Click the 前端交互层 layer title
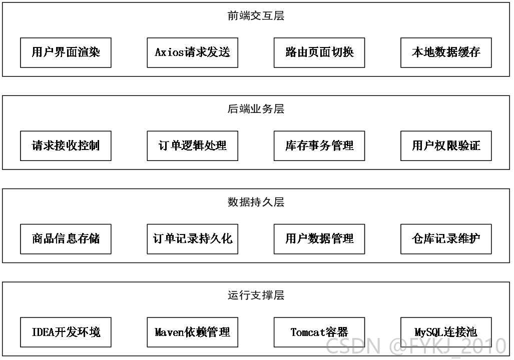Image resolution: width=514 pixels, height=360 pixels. [x=256, y=15]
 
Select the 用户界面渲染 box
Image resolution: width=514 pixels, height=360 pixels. [x=66, y=52]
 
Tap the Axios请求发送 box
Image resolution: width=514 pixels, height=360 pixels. [x=192, y=52]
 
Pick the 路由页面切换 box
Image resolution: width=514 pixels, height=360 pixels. [x=319, y=52]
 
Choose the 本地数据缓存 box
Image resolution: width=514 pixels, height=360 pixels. [x=446, y=52]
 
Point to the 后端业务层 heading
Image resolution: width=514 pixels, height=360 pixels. [x=256, y=109]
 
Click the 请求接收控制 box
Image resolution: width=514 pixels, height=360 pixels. [x=66, y=146]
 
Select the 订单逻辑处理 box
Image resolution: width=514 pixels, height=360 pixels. [x=192, y=146]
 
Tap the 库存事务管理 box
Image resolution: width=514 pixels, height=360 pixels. [x=319, y=146]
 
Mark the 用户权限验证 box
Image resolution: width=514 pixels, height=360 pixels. [x=446, y=146]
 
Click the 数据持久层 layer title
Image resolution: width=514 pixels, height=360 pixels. [x=256, y=202]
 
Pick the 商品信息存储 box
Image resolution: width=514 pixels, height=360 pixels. [x=66, y=239]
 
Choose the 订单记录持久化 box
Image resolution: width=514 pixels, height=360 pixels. [x=192, y=239]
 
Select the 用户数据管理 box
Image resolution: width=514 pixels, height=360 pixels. [x=319, y=239]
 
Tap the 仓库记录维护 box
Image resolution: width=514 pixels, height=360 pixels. [x=446, y=239]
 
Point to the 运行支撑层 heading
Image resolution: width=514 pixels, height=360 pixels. [x=256, y=295]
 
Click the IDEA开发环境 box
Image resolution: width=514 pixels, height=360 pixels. [x=66, y=332]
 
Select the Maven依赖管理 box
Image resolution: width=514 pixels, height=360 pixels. [x=192, y=332]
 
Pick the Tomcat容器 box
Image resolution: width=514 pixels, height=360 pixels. [x=319, y=332]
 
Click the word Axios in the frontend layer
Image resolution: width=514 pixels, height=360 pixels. [x=170, y=52]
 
